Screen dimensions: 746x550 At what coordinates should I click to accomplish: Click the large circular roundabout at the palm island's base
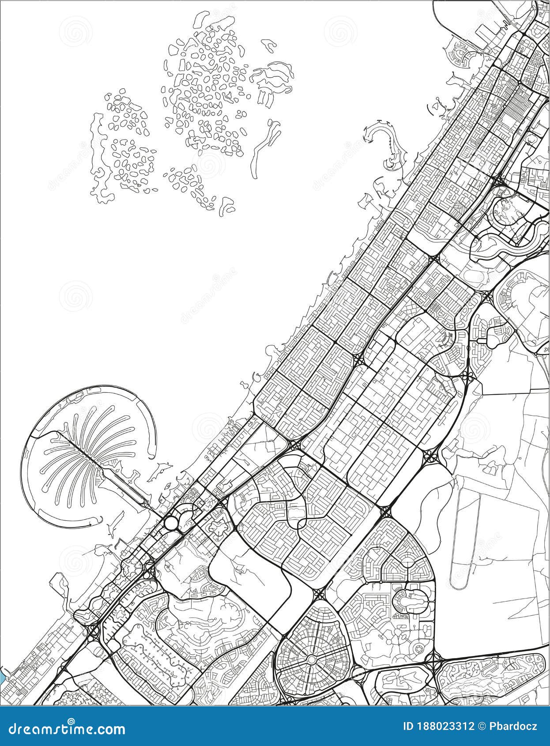[171, 523]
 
